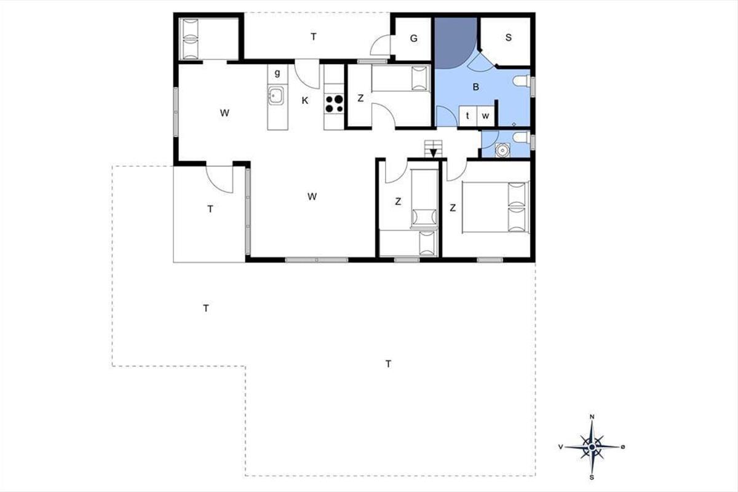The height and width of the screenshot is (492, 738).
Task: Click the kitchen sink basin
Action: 276,95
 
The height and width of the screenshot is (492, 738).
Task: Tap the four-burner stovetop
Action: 334,104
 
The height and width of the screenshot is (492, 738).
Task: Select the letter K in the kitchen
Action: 305,100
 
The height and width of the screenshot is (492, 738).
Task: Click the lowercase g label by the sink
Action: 277,73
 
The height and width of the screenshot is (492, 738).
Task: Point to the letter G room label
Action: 413,39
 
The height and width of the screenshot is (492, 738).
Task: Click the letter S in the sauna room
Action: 509,38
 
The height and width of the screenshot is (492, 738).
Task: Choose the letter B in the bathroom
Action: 475,87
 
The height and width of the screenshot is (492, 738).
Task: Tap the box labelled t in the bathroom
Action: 468,116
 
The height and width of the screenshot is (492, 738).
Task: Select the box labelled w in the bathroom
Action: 486,116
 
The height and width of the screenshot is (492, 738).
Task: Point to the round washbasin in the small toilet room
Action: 502,150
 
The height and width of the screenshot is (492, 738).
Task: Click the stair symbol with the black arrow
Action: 433,149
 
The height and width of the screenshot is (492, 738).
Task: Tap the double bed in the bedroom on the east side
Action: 495,207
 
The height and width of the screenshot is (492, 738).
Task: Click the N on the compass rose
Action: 592,417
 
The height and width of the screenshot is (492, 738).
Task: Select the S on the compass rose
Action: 592,477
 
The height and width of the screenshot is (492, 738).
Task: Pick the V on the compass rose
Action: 560,447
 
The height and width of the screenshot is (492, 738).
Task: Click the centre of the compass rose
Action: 592,447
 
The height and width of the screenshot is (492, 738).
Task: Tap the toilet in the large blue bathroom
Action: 522,81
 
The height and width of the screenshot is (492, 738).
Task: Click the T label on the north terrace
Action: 313,37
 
